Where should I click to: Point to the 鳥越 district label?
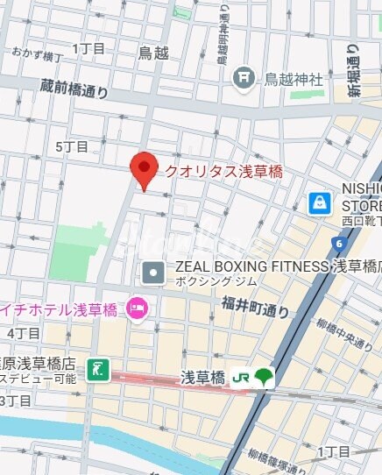click(152, 53)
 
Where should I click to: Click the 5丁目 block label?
click(72, 146)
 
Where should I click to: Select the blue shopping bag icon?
click(321, 203)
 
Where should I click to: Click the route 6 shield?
click(337, 243)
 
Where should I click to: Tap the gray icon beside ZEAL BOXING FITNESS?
click(154, 273)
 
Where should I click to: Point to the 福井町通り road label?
click(255, 308)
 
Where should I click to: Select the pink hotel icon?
click(138, 308)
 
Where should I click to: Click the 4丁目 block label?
click(24, 333)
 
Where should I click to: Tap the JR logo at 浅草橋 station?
click(242, 378)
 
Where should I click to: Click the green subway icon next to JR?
click(264, 378)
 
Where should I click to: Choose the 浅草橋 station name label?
click(203, 378)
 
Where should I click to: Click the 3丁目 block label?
click(15, 401)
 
